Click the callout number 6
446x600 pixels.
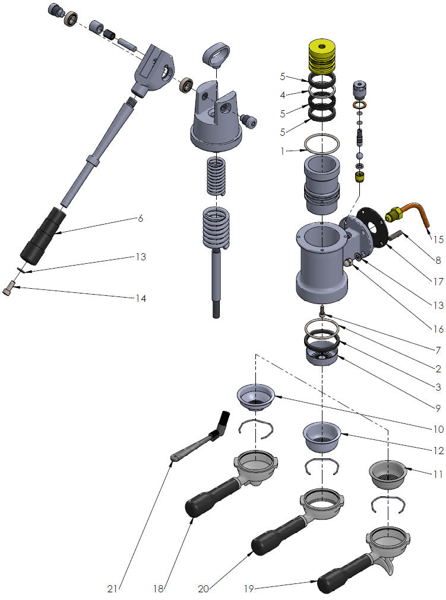[x=140, y=218]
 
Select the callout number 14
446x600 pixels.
[x=140, y=298]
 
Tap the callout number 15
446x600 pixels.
[x=438, y=240]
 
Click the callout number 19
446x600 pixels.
[x=249, y=589]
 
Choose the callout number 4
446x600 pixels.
[x=283, y=94]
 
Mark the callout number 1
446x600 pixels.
[x=283, y=151]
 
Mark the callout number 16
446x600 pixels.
[x=438, y=327]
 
